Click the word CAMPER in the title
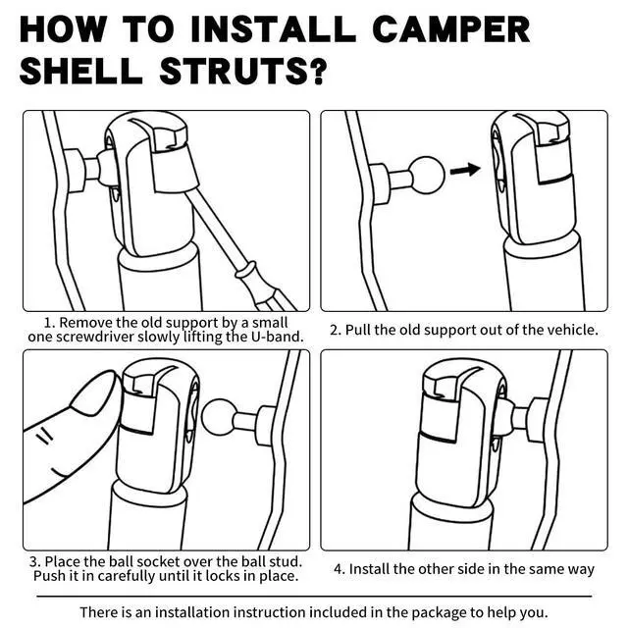(451, 29)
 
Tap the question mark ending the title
(318, 71)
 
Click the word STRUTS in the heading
(234, 71)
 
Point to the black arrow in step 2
(465, 170)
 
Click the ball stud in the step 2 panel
(427, 175)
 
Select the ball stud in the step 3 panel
(218, 417)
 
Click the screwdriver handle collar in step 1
(245, 271)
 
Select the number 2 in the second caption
(335, 330)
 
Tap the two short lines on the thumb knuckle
(45, 436)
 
